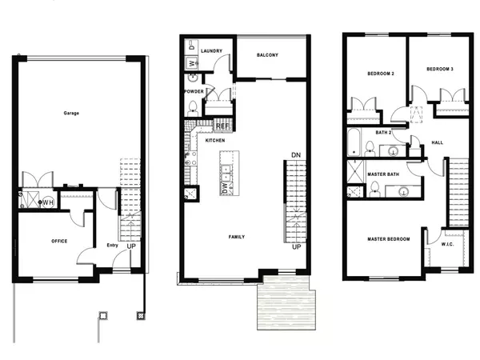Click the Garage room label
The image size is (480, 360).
[x=71, y=113]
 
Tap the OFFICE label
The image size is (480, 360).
[x=59, y=242]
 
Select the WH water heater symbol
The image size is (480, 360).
[x=48, y=202]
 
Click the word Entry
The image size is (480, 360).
[x=112, y=246]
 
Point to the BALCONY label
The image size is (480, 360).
[x=267, y=55]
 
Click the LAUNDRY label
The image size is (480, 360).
[x=211, y=51]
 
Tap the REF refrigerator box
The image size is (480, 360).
[x=223, y=126]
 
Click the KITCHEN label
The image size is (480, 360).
[x=215, y=140]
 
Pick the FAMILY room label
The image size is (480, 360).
[x=237, y=237]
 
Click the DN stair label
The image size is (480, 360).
[x=296, y=155]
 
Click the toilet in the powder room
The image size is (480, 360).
[x=193, y=108]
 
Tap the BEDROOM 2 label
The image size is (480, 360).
[x=381, y=74]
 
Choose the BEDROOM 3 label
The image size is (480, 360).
[x=440, y=69]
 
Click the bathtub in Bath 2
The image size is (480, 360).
[x=354, y=142]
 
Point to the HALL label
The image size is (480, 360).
[x=437, y=142]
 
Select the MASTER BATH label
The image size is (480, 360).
[x=383, y=174]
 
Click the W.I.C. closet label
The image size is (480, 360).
[x=447, y=244]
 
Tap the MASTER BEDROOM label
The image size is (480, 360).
[x=389, y=239]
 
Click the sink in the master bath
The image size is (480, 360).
[x=404, y=192]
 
